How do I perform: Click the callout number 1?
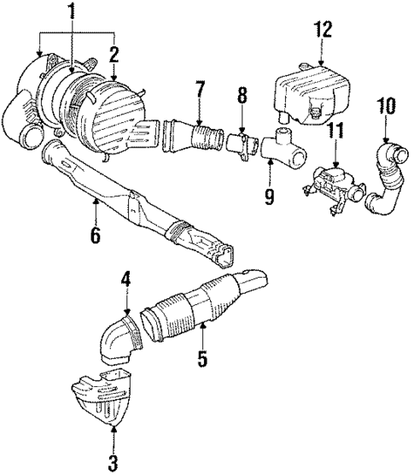pyautogui.click(x=73, y=13)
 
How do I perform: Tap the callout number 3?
pyautogui.click(x=113, y=463)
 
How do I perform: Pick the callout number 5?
pyautogui.click(x=202, y=359)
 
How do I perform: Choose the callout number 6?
pyautogui.click(x=96, y=234)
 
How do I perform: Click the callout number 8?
pyautogui.click(x=242, y=96)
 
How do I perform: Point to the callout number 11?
pyautogui.click(x=335, y=132)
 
